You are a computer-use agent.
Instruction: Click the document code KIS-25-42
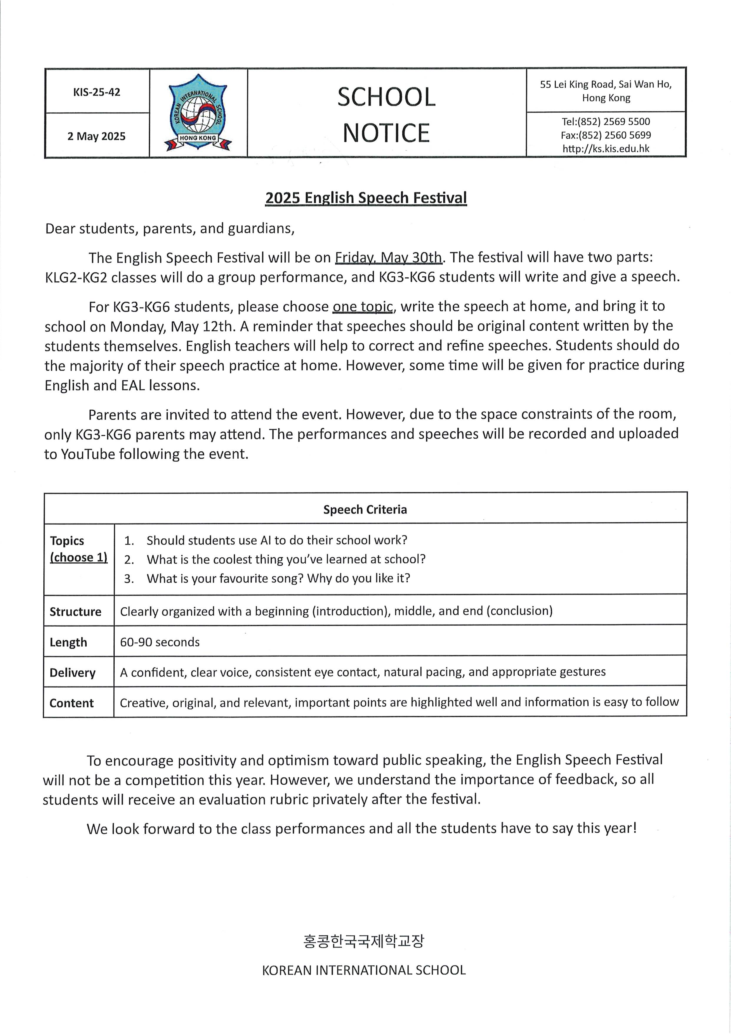[x=97, y=92]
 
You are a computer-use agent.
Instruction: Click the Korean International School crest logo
[x=198, y=113]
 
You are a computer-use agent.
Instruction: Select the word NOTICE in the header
[x=386, y=133]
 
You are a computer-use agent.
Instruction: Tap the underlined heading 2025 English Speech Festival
[x=366, y=198]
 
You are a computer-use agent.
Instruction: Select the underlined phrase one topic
[x=363, y=306]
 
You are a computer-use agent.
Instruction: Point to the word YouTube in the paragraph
[x=88, y=454]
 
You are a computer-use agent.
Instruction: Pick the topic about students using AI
[x=276, y=540]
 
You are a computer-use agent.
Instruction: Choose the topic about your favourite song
[x=278, y=578]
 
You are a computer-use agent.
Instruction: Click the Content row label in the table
[x=72, y=703]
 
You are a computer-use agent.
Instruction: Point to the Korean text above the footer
[x=364, y=941]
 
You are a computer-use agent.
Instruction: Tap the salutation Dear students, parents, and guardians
[x=169, y=229]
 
